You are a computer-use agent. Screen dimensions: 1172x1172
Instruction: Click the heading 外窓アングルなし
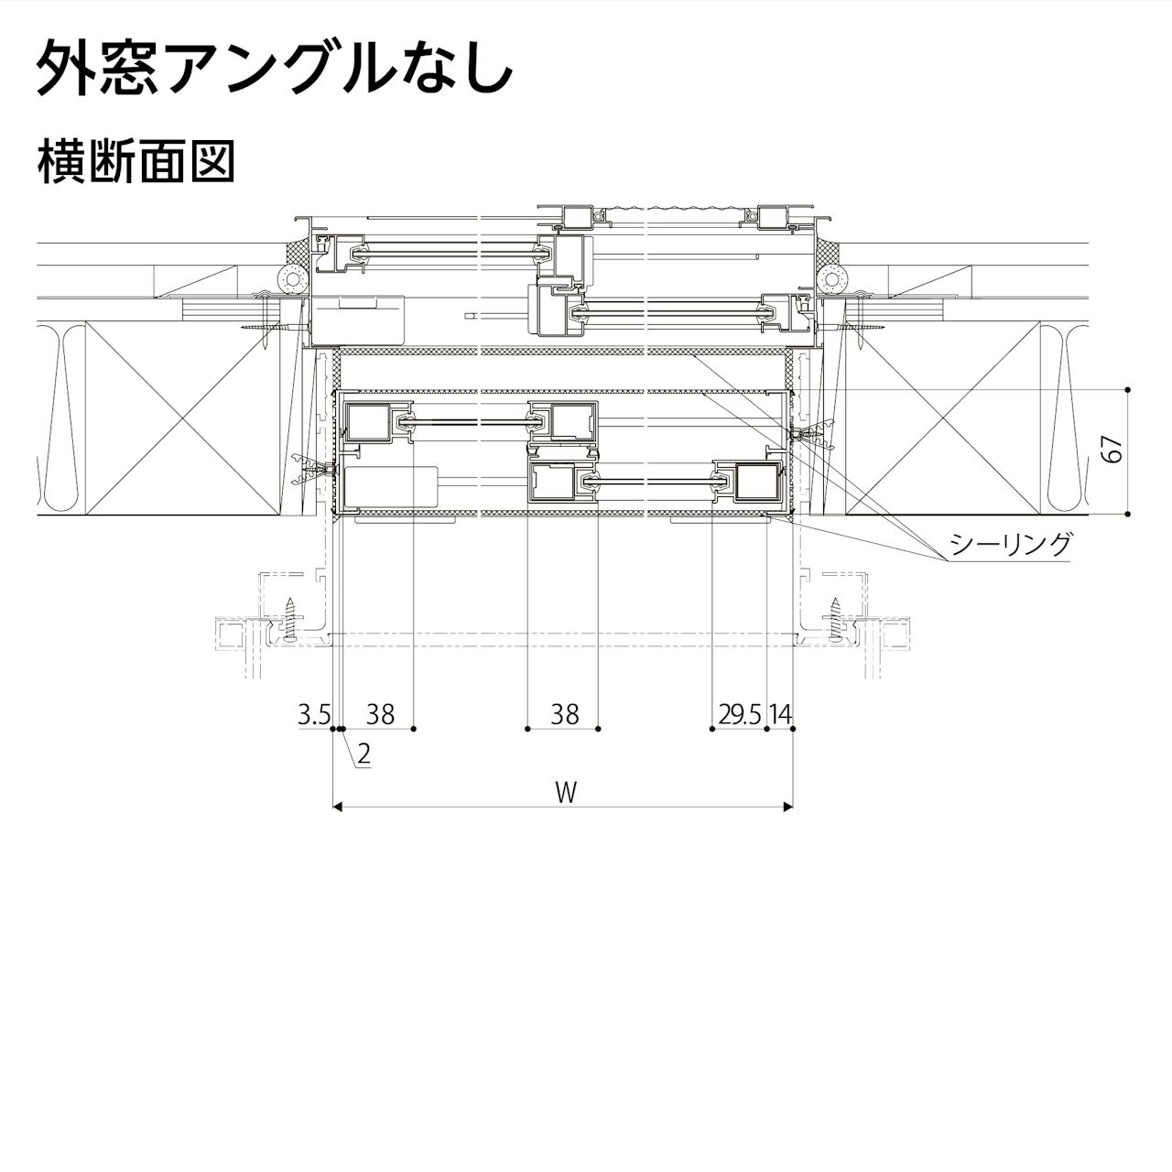pos(273,68)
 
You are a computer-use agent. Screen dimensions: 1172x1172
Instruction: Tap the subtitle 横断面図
pos(136,162)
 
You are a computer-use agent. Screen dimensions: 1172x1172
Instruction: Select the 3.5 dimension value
pos(313,714)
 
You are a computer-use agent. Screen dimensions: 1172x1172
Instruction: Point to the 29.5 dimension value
pos(739,714)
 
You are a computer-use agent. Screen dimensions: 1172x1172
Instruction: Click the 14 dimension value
pos(780,714)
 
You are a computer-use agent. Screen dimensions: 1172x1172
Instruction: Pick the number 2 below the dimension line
pos(364,754)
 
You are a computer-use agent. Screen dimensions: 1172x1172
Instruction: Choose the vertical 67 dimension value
pos(1112,450)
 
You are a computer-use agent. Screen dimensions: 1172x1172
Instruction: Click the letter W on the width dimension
pos(566,792)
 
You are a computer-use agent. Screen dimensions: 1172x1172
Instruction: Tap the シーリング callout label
pos(1010,545)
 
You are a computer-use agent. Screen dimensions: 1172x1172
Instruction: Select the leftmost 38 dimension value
pos(379,714)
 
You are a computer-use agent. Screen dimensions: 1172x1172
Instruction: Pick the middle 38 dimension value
pos(565,714)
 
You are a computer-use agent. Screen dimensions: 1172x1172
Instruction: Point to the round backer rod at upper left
pos(293,277)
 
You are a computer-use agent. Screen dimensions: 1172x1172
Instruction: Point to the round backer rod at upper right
pos(831,277)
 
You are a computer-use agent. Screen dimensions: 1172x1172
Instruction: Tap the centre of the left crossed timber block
pos(183,418)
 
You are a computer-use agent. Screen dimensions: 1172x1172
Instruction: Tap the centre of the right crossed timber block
pos(943,418)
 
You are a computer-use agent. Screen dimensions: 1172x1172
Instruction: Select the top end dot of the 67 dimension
pos(1128,390)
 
